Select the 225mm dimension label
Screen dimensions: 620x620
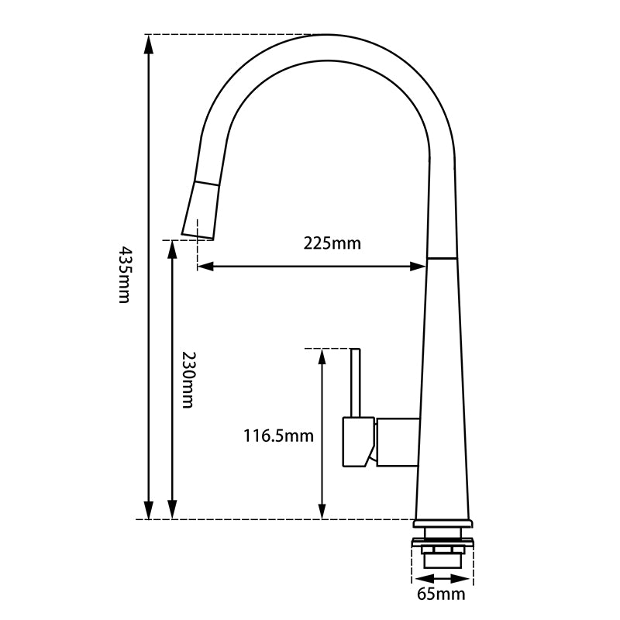[x=332, y=243]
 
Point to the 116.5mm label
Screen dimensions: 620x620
[x=278, y=436]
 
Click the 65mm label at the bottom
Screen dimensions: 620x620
[x=441, y=594]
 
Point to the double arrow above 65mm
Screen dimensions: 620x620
[x=441, y=577]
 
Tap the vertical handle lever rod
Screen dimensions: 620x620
[x=356, y=383]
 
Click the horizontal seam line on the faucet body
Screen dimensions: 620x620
[x=442, y=257]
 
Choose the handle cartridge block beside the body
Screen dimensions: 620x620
[x=397, y=443]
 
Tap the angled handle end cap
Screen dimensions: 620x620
[x=356, y=443]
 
